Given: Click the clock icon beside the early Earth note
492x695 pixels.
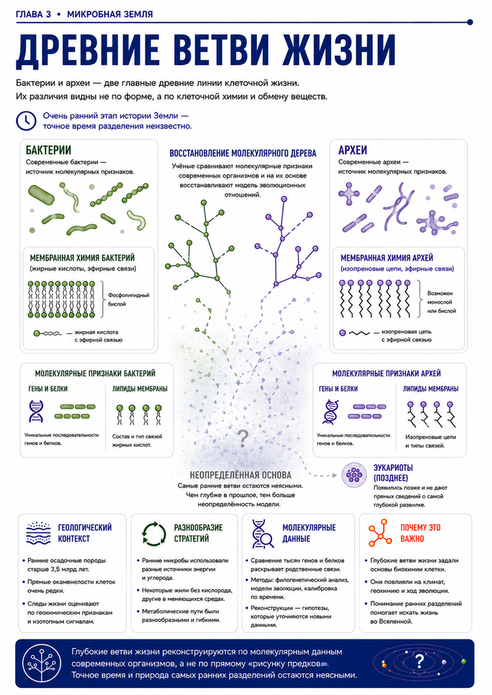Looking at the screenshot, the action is (x=26, y=121).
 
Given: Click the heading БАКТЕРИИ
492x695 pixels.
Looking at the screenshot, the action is (x=48, y=150).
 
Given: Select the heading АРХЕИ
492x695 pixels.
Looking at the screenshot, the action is (x=353, y=150).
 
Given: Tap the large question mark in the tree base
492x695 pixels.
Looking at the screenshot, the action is (x=243, y=438).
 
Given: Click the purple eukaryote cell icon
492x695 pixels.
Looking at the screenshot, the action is (x=354, y=475).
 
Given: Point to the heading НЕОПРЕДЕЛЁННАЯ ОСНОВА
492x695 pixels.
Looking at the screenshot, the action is (x=240, y=475).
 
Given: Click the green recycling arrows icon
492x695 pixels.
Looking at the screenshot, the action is (x=153, y=533).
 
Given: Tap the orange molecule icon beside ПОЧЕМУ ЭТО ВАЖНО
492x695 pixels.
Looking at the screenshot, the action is (x=380, y=533).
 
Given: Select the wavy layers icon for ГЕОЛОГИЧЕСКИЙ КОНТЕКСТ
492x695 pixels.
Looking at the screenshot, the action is (x=39, y=533).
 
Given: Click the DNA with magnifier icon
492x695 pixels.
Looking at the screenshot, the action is (x=263, y=533).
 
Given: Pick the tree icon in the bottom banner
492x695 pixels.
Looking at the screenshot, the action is (x=43, y=663).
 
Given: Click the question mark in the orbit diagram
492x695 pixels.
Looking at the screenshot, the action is (x=419, y=662).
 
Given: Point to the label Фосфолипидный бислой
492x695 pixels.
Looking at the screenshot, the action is (x=129, y=299).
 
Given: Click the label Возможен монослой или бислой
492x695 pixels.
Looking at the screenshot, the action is (x=441, y=302).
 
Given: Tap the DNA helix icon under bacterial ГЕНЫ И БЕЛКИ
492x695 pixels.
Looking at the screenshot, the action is (x=36, y=411).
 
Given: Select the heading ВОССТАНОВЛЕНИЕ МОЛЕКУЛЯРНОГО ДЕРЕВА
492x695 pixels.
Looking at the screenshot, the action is (x=243, y=153).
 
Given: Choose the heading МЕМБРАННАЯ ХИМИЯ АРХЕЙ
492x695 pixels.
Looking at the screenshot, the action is (x=387, y=258).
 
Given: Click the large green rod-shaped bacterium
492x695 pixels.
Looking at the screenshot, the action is (x=41, y=195).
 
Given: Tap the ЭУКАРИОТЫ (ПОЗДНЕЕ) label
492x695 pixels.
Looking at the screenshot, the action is (x=393, y=472).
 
